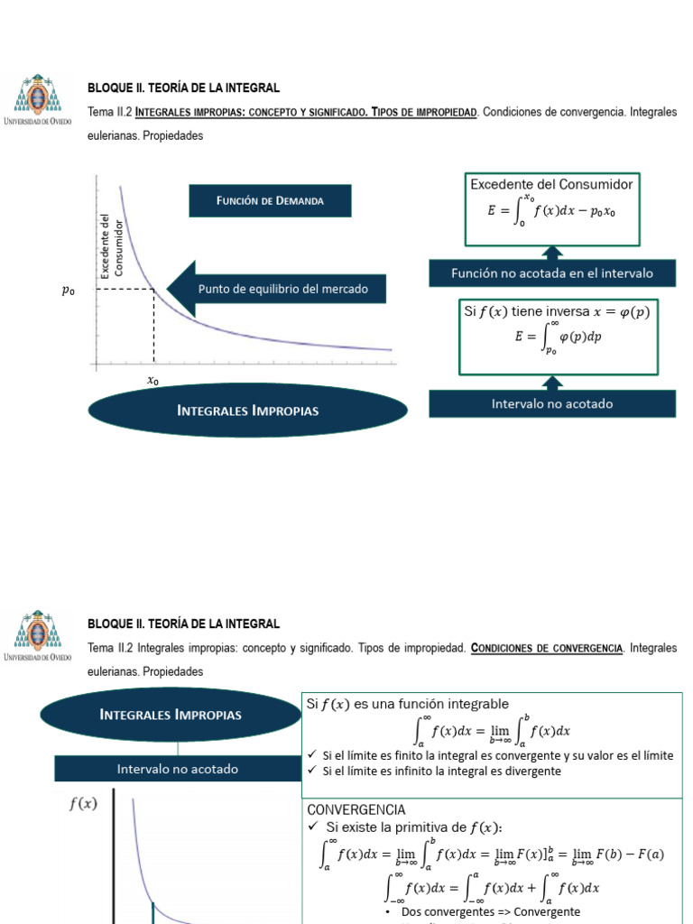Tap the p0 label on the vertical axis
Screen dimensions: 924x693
tap(68, 291)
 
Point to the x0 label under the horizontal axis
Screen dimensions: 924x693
tap(153, 381)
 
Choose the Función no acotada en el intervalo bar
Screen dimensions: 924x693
tap(551, 273)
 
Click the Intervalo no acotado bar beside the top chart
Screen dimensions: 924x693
tap(551, 403)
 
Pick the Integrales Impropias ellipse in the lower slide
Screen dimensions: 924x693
tap(171, 715)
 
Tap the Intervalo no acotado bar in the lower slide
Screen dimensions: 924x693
tap(178, 769)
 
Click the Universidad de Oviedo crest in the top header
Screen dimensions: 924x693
tap(37, 97)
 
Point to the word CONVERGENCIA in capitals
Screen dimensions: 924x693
tap(356, 810)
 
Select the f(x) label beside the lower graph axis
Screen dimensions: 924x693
tap(83, 804)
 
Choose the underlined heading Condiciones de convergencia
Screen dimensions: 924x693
tap(547, 649)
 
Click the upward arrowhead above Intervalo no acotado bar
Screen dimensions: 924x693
tap(552, 382)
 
